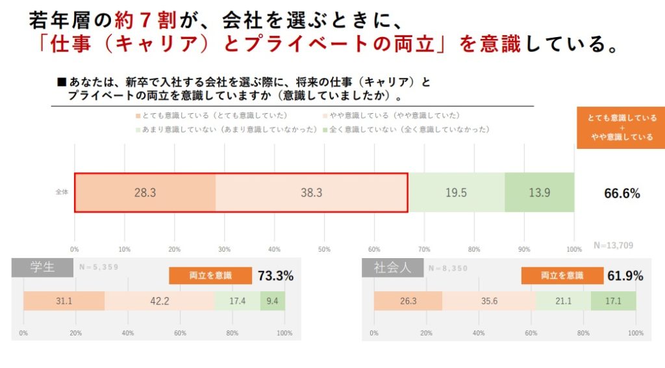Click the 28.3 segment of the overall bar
point(144,192)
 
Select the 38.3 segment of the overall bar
point(311,192)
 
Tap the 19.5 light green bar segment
point(456,192)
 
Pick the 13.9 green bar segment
point(539,192)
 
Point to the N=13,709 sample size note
point(613,245)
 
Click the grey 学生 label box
point(42,267)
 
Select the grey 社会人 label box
point(392,267)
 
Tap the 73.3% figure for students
point(275,276)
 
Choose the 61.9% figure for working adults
point(625,276)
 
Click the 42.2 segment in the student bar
point(159,300)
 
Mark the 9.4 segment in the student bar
point(272,300)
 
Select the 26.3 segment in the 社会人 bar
point(408,300)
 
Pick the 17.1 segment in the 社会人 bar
point(613,300)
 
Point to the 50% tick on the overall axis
point(324,249)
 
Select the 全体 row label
point(62,192)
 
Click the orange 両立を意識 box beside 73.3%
point(210,276)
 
